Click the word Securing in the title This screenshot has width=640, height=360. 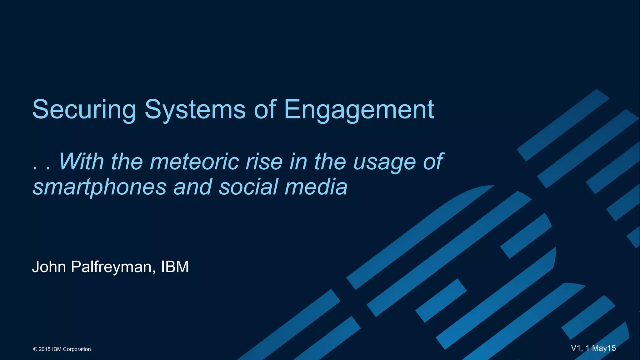tap(84, 110)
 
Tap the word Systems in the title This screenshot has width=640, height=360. tap(195, 110)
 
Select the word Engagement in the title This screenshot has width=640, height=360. tap(359, 110)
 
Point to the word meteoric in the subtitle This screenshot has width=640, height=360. tap(194, 162)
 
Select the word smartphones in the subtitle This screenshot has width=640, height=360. tap(100, 187)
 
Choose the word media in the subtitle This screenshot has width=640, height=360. tap(316, 187)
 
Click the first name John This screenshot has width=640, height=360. tap(49, 267)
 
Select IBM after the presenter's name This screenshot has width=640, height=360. tap(175, 267)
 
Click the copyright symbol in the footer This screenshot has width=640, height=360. tap(35, 349)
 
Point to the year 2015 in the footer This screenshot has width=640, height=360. tap(44, 349)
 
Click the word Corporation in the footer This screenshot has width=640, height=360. tap(77, 349)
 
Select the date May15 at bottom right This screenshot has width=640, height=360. tap(604, 348)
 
